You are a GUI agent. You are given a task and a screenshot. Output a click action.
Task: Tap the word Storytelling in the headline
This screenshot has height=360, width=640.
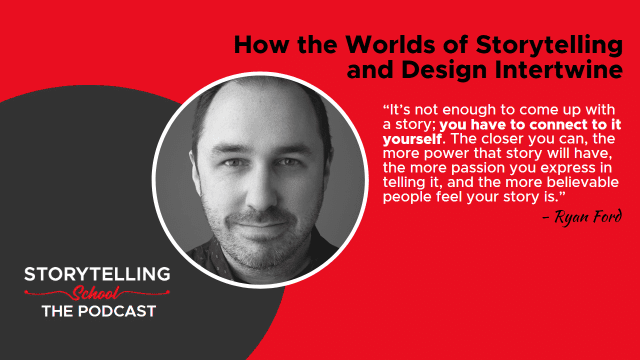(549, 46)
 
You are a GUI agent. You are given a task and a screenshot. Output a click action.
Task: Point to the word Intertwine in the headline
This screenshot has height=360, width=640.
(559, 69)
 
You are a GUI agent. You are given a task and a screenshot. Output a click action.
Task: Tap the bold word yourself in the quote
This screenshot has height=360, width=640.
(412, 140)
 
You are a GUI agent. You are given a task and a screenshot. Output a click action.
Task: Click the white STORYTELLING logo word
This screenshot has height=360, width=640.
(97, 274)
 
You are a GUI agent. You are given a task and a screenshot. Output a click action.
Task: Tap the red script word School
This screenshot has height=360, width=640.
(96, 293)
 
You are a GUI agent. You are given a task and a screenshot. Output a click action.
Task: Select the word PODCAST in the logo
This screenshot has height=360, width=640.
(117, 311)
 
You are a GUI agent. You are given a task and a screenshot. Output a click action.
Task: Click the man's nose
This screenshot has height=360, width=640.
(262, 193)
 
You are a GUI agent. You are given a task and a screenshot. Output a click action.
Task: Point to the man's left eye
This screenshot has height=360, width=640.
(287, 162)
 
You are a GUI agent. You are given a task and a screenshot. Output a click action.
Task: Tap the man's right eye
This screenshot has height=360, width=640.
(233, 163)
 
